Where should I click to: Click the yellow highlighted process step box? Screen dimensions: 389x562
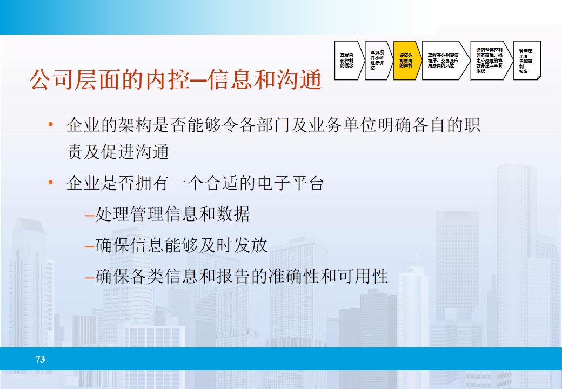406,60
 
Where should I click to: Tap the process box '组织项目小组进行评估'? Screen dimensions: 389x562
377,60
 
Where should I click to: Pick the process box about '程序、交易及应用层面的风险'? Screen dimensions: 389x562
444,60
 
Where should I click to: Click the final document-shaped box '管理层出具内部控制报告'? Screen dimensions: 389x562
526,60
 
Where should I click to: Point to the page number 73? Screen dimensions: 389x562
40,359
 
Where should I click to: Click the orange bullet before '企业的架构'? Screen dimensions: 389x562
51,125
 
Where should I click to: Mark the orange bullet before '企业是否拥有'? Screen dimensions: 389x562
51,183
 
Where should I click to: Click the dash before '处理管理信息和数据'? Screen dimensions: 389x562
90,215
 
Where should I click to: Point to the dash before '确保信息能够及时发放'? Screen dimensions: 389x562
90,246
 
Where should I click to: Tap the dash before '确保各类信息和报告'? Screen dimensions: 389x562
90,277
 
